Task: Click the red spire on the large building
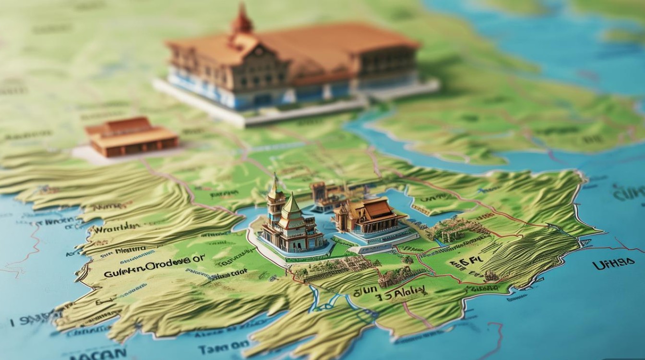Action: pos(241,19)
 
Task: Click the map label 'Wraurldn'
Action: pos(116,229)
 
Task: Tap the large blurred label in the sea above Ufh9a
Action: pos(626,194)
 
